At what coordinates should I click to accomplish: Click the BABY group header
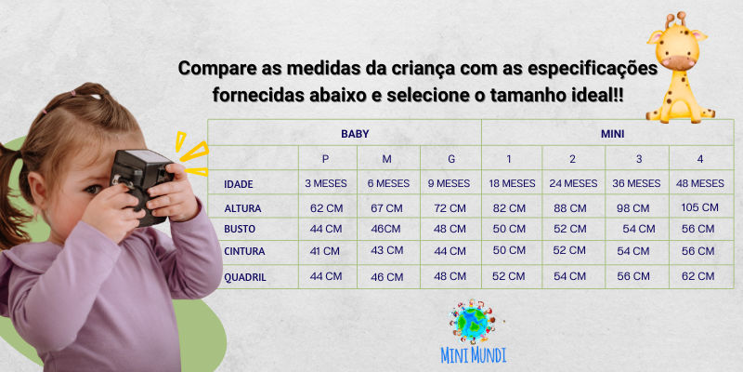click(354, 134)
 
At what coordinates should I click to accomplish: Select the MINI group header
click(612, 134)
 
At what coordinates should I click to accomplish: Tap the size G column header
click(451, 159)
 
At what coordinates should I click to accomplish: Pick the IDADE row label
click(238, 184)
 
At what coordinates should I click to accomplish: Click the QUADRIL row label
click(244, 276)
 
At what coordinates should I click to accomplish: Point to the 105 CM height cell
click(699, 206)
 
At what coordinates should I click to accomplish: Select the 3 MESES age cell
click(326, 183)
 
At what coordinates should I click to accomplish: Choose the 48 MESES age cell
click(699, 183)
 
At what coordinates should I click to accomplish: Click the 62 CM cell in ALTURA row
click(326, 207)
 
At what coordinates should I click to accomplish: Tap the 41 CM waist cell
click(326, 251)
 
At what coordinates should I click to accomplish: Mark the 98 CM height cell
click(637, 207)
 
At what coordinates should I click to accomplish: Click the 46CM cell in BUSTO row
click(386, 229)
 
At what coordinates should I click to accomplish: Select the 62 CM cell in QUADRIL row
click(699, 276)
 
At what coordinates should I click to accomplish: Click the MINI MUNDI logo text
click(474, 354)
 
